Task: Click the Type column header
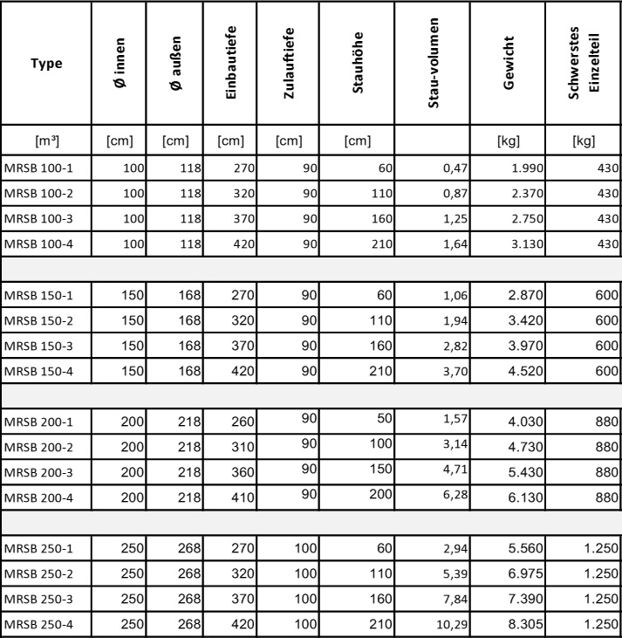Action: [x=46, y=62]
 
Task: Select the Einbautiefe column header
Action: [x=231, y=62]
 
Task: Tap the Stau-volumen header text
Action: [x=434, y=62]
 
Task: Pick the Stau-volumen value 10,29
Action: [x=453, y=624]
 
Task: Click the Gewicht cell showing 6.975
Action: [x=524, y=576]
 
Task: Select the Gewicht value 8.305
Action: [x=524, y=624]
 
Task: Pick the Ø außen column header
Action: [x=174, y=62]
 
